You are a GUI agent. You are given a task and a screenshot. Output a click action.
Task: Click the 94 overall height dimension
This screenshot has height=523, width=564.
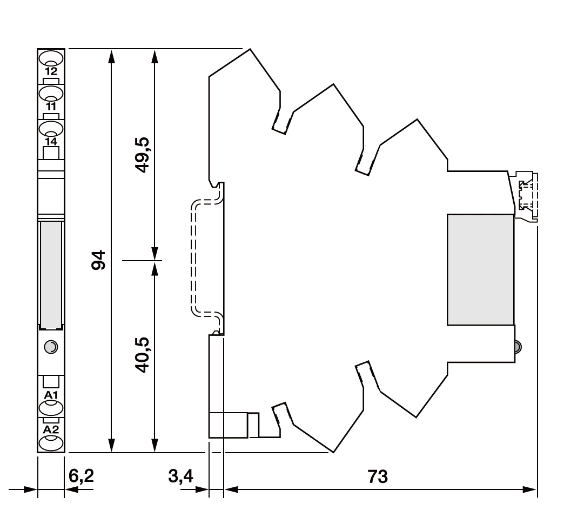(x=98, y=260)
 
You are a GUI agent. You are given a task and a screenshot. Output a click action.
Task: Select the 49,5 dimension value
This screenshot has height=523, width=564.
(x=143, y=155)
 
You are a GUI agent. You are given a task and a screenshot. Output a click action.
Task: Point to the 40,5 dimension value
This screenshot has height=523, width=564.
(x=143, y=355)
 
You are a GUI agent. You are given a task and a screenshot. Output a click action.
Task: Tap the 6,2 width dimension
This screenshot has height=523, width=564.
(x=81, y=476)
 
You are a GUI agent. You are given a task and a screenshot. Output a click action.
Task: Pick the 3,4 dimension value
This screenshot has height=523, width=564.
(x=180, y=476)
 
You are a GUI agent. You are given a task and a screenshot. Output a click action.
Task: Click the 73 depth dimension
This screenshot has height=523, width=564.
(x=378, y=476)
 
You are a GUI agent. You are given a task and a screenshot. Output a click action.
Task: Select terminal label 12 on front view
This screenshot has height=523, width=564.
(x=51, y=71)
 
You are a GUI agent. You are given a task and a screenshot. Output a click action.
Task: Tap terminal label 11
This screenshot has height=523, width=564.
(x=51, y=107)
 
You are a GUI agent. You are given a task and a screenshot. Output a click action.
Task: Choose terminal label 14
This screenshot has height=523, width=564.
(x=51, y=142)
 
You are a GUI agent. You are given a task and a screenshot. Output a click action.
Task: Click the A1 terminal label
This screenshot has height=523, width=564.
(x=51, y=395)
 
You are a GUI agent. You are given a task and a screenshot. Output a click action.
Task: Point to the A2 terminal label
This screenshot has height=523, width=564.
(x=51, y=429)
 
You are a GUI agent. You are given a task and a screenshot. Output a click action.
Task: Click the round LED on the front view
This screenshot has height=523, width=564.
(x=51, y=347)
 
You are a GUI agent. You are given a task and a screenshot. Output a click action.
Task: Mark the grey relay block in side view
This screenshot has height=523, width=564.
(x=480, y=270)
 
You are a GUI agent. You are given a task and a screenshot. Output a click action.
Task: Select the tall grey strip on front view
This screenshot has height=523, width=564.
(x=51, y=274)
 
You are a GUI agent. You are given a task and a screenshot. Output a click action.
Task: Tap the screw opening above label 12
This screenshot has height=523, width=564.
(x=51, y=58)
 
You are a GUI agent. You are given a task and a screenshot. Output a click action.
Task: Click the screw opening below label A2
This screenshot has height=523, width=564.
(x=51, y=443)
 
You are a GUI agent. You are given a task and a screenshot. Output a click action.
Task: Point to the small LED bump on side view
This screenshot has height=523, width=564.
(x=518, y=347)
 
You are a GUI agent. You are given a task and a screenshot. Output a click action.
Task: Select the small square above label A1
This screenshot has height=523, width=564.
(x=51, y=382)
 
